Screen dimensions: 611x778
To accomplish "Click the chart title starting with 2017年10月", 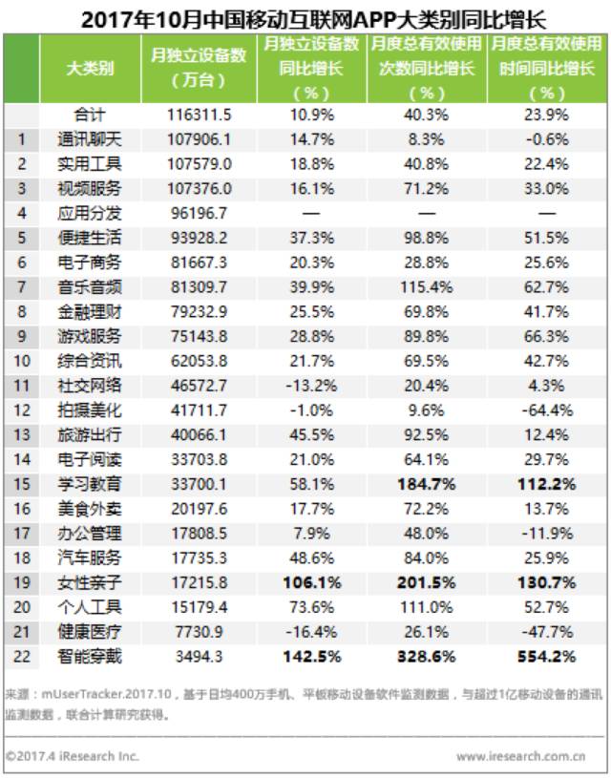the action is (313, 19).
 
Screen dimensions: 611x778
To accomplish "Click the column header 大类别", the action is (90, 68).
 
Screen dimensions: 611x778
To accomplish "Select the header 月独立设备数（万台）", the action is (199, 68).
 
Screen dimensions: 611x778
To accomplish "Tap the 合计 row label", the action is (90, 116).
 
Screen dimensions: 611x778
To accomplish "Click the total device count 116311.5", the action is (199, 116).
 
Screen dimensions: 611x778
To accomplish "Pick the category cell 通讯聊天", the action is (90, 139).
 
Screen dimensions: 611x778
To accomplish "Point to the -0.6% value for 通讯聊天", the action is (547, 139).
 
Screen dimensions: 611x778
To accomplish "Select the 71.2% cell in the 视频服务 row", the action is (427, 189).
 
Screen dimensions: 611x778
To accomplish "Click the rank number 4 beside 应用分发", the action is (21, 214).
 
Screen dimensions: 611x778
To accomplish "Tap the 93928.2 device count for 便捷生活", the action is (199, 238).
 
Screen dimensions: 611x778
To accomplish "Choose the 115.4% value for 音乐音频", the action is (427, 287).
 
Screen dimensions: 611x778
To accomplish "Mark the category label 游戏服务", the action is (90, 336).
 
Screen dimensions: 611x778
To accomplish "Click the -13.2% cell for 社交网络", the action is (311, 386).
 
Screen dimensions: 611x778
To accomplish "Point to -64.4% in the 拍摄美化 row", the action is (547, 410).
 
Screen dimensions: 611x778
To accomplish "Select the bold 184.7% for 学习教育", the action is (427, 484).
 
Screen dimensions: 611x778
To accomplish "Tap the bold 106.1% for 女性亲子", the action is (311, 582).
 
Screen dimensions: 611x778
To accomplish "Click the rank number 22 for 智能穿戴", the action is (21, 657).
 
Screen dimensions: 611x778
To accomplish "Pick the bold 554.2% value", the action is (547, 657).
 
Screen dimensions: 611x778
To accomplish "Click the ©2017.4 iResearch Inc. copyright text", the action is (72, 756).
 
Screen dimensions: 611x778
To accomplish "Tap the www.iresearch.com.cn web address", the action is (520, 757).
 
